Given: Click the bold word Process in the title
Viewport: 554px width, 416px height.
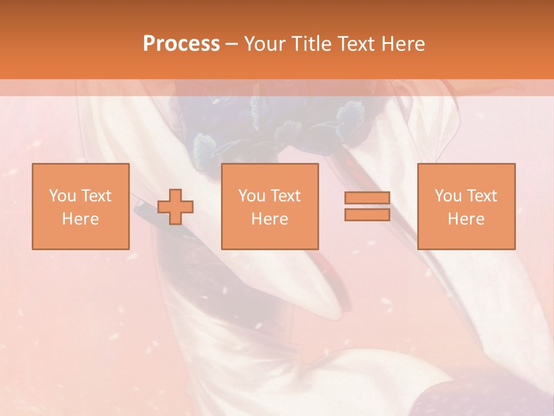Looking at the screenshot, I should coord(181,44).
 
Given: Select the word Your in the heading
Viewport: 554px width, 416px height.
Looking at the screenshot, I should coord(264,44).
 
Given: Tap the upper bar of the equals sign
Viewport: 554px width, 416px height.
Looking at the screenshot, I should coord(367,198).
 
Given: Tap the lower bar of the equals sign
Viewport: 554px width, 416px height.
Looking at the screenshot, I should coord(367,215).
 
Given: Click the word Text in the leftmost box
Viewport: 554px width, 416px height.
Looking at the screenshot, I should coord(96,196).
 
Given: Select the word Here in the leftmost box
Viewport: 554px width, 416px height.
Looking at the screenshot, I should coord(80,219).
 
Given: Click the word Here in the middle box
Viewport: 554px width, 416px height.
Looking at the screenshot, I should coord(269,219).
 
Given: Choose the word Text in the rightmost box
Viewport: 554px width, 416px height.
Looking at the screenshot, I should coord(482,196).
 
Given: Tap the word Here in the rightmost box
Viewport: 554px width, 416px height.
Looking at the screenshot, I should coord(466,219).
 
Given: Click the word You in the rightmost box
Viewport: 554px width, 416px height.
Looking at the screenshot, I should coord(448,196).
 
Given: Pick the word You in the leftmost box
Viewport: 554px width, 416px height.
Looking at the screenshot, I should coord(62,196).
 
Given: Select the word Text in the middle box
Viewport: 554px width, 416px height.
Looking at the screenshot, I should coord(286,196).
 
